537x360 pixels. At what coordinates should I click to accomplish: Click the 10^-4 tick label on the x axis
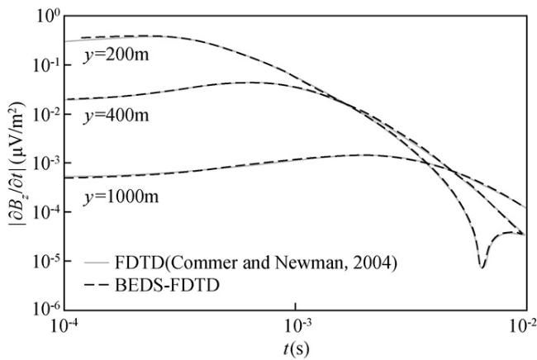click(65, 324)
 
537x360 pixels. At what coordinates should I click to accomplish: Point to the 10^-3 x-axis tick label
click(295, 324)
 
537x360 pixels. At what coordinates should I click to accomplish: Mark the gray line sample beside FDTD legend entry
click(98, 265)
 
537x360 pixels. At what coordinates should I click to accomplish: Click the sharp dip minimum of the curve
click(482, 267)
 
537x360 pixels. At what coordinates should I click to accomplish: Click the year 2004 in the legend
click(312, 264)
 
